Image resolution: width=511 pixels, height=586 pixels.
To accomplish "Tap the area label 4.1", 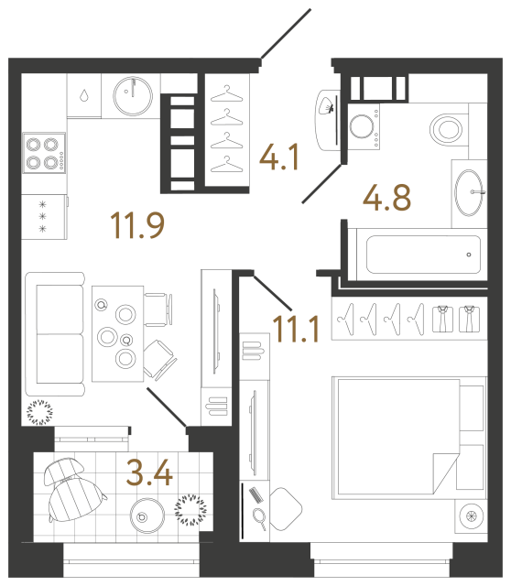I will click(x=281, y=160).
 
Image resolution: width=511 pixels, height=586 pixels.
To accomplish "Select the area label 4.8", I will click(x=386, y=197).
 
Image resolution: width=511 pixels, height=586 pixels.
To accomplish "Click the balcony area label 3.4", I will click(x=149, y=473).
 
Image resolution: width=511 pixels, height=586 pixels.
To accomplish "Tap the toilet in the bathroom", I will click(x=448, y=126).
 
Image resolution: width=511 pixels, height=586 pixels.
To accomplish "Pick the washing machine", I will click(x=364, y=126).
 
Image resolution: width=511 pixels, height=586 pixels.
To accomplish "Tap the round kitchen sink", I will click(x=136, y=92).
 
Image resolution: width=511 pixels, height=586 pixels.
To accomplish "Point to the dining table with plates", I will click(x=117, y=332).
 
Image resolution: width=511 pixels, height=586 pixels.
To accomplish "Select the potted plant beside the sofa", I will click(x=40, y=413).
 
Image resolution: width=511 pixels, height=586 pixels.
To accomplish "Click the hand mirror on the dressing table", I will click(x=259, y=520).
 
